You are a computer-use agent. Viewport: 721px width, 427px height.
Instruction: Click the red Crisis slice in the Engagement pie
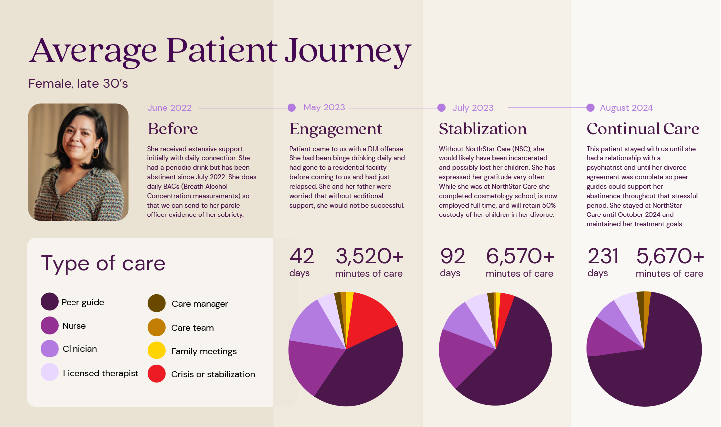pos(370,319)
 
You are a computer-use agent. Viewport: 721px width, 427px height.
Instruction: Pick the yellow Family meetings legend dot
pos(157,351)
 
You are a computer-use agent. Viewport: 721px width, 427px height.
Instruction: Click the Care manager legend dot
pos(157,303)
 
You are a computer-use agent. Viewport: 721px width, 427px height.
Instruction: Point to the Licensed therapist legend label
pos(100,373)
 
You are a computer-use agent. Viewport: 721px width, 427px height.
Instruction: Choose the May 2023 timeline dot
pos(291,107)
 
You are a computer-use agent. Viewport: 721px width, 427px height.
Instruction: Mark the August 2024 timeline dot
pos(590,107)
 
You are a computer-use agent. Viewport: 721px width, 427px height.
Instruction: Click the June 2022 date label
pos(170,108)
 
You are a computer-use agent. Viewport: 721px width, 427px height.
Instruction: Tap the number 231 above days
pos(603,257)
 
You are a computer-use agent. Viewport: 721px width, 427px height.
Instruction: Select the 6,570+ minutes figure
pos(520,257)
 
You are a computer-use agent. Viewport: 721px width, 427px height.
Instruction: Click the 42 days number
pos(302,257)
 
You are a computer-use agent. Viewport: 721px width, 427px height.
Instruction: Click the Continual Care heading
pos(643,129)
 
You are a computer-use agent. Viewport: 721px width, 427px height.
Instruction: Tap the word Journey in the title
pos(348,52)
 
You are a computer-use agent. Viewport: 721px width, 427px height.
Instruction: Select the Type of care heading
pos(103,264)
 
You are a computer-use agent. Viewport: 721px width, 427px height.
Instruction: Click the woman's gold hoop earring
pos(96,153)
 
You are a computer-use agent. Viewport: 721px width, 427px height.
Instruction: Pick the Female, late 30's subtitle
pos(78,84)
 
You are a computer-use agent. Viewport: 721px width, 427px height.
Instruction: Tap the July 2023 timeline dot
pos(441,107)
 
